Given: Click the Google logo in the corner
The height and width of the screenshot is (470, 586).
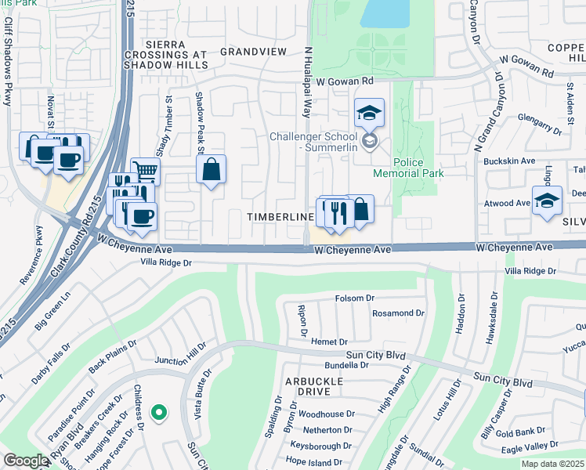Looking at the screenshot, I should [26, 461].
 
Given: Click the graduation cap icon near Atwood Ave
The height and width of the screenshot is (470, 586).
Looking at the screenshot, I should [547, 200].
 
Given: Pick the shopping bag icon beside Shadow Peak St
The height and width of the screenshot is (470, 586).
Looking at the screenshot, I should [212, 169].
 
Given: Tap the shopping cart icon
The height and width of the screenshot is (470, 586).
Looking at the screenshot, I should [145, 170].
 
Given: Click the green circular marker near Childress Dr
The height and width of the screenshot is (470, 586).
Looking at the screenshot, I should [159, 411].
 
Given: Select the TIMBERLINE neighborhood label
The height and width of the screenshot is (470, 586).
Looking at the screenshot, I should [280, 216].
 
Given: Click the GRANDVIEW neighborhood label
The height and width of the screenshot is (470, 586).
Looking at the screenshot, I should [253, 52].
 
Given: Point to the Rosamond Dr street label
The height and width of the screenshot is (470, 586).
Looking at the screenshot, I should [398, 313].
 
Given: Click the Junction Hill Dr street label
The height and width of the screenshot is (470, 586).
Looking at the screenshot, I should [181, 352].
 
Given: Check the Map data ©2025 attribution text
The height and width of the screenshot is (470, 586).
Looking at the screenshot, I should [552, 464].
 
